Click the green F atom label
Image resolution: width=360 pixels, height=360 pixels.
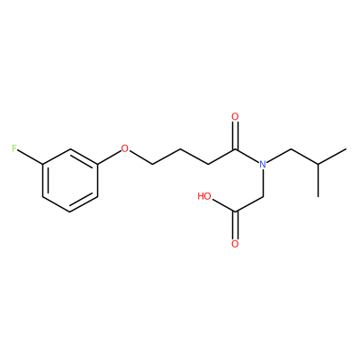coord(14,148)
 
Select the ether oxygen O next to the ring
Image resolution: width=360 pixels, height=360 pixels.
coord(124,148)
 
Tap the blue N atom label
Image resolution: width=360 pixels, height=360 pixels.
coord(263,165)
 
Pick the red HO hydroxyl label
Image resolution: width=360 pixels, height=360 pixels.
coord(204,196)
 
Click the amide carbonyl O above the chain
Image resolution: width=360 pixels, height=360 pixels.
coord(235,117)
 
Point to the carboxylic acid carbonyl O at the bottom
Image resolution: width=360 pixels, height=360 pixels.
coord(235,244)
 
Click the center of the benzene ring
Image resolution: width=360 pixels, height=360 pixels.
coord(70,180)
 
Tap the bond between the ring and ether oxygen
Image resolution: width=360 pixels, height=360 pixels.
coord(109,157)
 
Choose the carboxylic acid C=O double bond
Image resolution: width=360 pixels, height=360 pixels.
coord(235,226)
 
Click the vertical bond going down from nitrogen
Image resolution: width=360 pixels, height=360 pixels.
coord(263,183)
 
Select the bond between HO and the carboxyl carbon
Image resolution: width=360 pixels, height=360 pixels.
coord(224,206)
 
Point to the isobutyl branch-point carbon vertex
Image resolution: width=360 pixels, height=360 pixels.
coord(318,165)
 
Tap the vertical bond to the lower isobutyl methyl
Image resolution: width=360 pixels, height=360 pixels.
coord(318,181)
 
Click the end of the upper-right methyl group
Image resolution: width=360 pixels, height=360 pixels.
coord(346,148)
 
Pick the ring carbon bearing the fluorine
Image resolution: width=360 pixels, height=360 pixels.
coord(42,165)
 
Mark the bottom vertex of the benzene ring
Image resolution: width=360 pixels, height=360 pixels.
coord(70,212)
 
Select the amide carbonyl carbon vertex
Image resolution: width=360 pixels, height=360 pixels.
coord(235,148)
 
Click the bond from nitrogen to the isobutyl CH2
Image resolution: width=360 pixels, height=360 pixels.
coord(279,156)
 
